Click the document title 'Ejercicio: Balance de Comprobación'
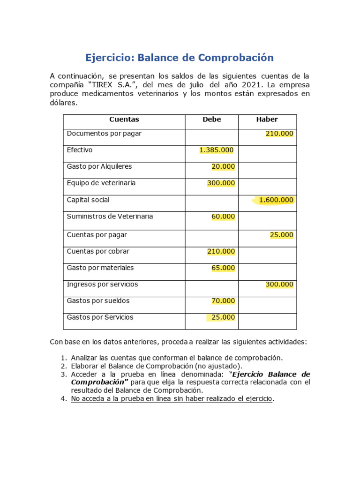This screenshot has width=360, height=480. (179, 58)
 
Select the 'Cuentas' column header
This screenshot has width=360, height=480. (124, 120)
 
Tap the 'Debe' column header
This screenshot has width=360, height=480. (211, 120)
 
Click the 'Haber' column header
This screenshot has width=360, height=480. (267, 120)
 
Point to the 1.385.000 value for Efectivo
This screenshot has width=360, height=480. (216, 150)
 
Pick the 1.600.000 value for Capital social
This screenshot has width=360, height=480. (276, 200)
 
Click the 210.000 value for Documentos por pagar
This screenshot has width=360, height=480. (279, 134)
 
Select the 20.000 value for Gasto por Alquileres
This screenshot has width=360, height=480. (223, 166)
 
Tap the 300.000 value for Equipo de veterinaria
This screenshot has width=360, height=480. (221, 183)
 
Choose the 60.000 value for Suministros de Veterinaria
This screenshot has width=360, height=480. (223, 217)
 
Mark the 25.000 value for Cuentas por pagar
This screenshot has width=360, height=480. (282, 235)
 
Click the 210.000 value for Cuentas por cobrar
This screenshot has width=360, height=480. (221, 252)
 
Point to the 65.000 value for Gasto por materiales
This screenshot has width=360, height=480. (223, 268)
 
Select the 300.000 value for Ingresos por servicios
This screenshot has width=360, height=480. (279, 285)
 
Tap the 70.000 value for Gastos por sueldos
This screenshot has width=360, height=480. (223, 301)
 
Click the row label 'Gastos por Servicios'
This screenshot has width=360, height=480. (100, 317)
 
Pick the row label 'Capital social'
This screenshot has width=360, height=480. (88, 200)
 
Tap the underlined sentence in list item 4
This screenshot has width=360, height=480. (172, 399)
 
